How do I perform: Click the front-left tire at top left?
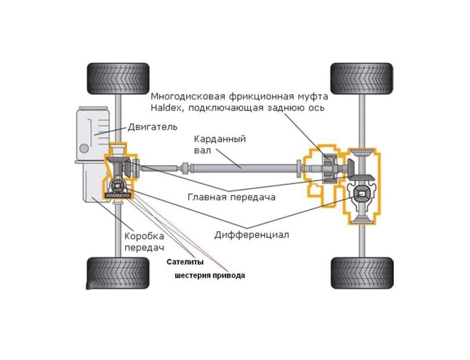point(118,78)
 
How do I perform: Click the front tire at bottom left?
point(118,273)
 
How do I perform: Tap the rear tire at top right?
point(362,78)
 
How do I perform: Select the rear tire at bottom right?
point(362,273)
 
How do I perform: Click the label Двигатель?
point(153,127)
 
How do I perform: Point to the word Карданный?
point(220,139)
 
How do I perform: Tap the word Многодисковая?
point(188,97)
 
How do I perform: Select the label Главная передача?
point(232,198)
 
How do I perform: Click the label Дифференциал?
point(252,235)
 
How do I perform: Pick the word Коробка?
point(144,236)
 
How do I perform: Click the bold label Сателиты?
point(185,262)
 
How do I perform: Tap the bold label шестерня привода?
point(210,275)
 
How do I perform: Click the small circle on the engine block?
point(84,148)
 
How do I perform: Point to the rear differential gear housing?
point(362,194)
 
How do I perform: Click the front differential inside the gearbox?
point(118,186)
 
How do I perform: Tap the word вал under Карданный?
point(203,150)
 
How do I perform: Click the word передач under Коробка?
point(145,248)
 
